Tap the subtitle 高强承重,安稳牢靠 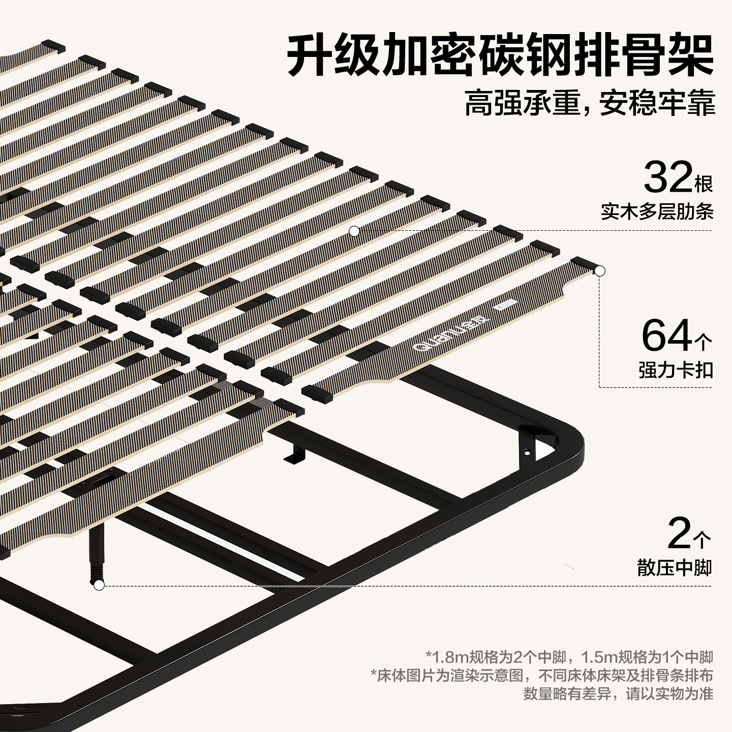coord(590,104)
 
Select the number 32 coord(667,177)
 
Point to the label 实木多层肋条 coord(657,211)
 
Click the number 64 coord(666,335)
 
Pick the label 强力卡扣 coord(676,370)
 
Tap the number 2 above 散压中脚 coord(680,534)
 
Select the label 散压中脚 coord(674,567)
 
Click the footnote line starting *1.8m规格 coord(569,657)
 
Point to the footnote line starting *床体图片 coord(542,676)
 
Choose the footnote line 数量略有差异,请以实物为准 coord(618,694)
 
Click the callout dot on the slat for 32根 coord(354,231)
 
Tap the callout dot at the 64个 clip coord(600,271)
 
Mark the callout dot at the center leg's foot coord(99,586)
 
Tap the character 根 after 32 coord(704,185)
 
